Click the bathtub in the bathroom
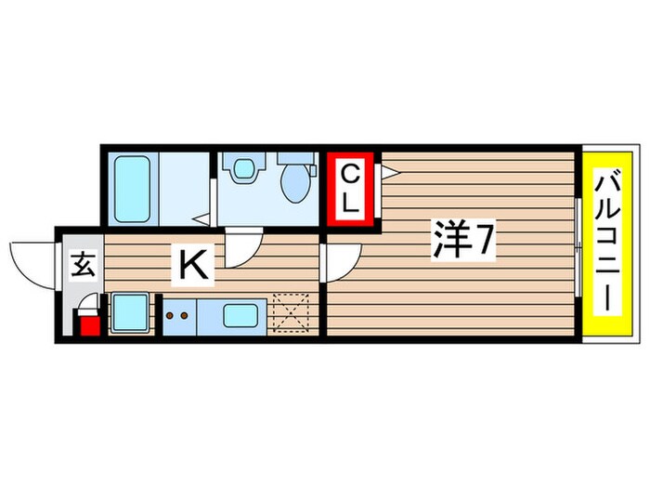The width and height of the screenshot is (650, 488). tap(132, 189)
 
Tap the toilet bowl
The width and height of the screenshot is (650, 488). tap(294, 184)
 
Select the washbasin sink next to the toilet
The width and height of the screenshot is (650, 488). tap(244, 168)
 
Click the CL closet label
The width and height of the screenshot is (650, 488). tap(350, 189)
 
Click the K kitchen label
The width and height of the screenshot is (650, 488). tap(193, 267)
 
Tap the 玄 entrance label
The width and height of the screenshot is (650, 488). tap(84, 265)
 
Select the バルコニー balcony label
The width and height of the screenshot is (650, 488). tap(607, 241)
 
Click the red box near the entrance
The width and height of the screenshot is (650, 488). tap(90, 325)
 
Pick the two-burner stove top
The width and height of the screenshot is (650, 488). tap(179, 316)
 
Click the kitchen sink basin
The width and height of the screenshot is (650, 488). tap(240, 316)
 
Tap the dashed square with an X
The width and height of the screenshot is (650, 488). tap(292, 313)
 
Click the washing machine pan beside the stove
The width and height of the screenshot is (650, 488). tap(130, 313)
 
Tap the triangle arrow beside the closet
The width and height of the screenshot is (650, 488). tap(390, 172)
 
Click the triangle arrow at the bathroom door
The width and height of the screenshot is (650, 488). tap(202, 219)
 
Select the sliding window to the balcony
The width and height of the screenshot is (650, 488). tap(578, 247)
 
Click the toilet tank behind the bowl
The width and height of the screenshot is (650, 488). tap(296, 158)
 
